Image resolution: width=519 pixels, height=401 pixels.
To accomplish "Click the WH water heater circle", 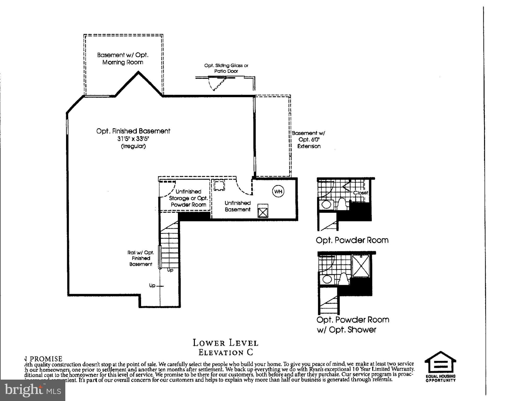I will point(278,191).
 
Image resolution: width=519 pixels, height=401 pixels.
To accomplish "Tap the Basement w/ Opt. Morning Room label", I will point(123,58).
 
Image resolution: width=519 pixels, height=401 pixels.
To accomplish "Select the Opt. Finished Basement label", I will point(133,131).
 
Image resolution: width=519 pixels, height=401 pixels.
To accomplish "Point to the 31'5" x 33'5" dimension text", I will point(133,139).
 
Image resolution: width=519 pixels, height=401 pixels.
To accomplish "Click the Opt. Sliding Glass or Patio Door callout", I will point(226,68).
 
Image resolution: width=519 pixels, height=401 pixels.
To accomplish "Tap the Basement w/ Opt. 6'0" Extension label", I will point(308,140).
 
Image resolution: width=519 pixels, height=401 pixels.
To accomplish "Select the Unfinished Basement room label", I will point(237,206).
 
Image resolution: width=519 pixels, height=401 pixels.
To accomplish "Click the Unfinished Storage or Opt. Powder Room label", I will point(188,198).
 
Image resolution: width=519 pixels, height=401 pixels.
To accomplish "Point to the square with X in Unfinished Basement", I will point(263,211).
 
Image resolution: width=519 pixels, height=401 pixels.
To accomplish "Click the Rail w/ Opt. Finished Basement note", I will point(141,258).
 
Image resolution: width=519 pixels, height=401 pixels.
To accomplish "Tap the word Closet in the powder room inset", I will point(360,193).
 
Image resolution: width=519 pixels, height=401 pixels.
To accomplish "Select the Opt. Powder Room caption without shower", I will point(352,240).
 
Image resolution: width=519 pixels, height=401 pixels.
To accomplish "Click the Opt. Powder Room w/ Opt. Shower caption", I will point(352,325).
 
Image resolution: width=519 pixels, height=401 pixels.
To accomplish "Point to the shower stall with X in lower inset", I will point(361,266).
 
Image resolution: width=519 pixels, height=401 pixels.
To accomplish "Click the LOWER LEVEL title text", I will point(225,343).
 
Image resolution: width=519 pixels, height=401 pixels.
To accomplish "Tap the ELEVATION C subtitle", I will point(226,352).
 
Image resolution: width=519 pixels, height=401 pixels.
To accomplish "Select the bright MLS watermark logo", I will point(33,390).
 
